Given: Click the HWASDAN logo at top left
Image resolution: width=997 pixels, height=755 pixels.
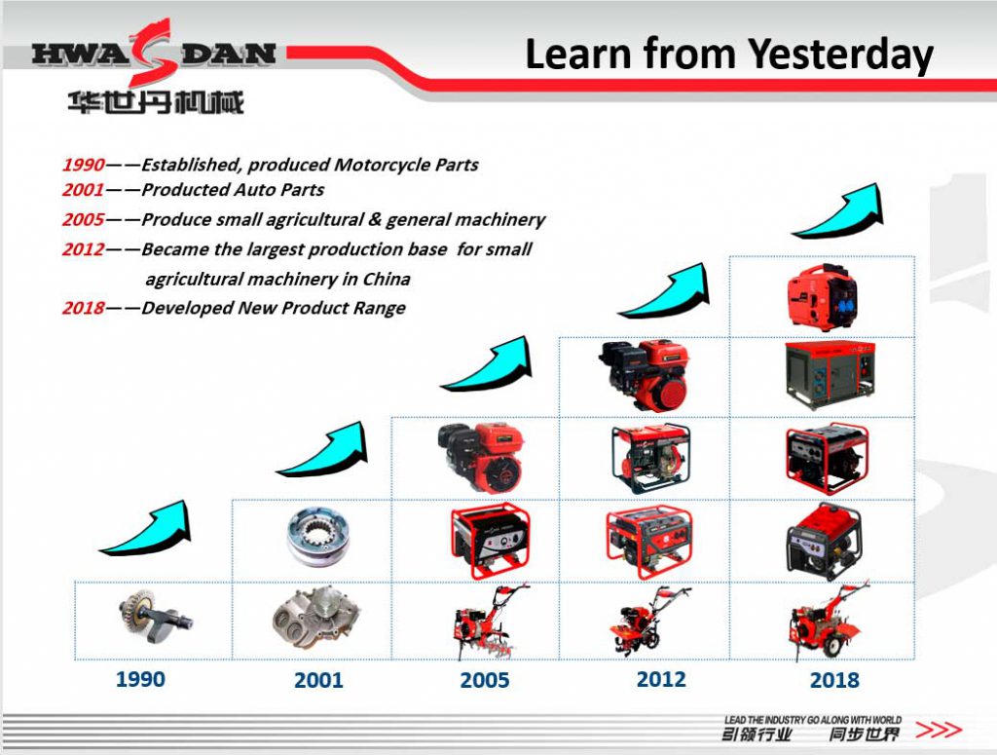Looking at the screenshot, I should coord(153,54).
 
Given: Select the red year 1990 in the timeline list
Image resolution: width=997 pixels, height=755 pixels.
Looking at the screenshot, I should coord(83,165).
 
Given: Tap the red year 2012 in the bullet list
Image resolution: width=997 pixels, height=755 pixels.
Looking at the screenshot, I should coord(83,249).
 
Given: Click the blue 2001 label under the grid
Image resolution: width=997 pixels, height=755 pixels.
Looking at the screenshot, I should coord(318,680).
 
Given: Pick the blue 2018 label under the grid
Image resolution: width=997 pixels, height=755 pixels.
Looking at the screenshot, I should coord(834,680).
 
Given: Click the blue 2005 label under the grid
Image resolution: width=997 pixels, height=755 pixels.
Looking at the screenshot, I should coord(485,680).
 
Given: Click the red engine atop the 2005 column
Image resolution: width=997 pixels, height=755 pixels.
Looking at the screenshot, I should coord(480,456).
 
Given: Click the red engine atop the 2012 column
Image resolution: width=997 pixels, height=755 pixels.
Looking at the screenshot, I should coord(644,375).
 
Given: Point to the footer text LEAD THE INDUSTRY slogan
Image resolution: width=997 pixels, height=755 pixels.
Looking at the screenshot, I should coord(812,720).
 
